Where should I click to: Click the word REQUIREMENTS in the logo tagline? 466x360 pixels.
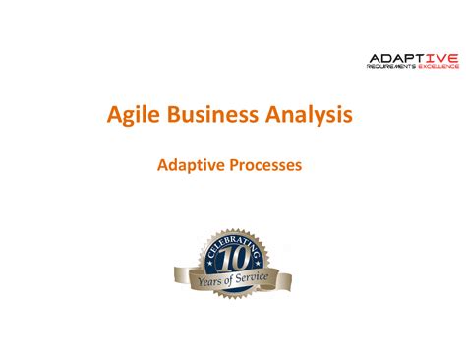point(392,68)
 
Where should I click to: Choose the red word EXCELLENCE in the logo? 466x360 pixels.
point(439,68)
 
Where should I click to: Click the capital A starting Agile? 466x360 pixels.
point(114,117)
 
